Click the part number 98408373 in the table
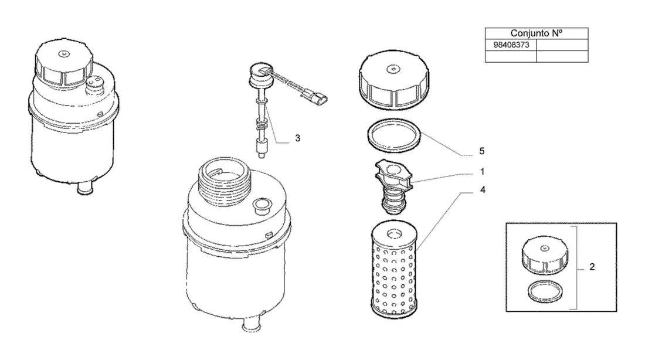coord(511,45)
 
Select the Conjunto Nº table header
coord(537,33)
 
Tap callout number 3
coord(297,138)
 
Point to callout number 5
coord(481,151)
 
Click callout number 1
coord(482,171)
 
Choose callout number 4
coord(483,189)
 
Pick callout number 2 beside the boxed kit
coord(592,267)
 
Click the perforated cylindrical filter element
coord(394,271)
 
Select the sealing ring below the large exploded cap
coord(394,135)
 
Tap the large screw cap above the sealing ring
coord(394,80)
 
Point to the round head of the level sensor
coord(261,73)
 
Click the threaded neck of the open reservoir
coord(224,181)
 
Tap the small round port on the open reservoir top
coord(262,205)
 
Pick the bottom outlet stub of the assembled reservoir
coord(85,189)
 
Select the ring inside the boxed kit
coord(545,291)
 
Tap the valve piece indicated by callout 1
coord(393,186)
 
